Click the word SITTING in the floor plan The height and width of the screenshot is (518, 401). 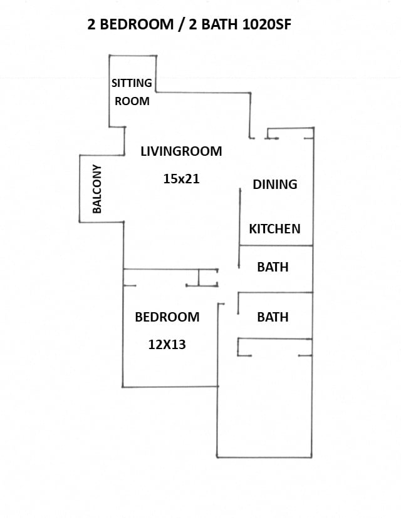pyautogui.click(x=132, y=83)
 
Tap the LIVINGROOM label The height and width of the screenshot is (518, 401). pyautogui.click(x=181, y=151)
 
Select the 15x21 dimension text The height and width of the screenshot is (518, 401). pyautogui.click(x=181, y=179)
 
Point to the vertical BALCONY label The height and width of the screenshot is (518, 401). pyautogui.click(x=97, y=189)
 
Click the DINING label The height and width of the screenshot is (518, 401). pyautogui.click(x=274, y=185)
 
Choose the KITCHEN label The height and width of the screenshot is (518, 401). pyautogui.click(x=274, y=229)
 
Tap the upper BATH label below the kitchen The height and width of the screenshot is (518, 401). pyautogui.click(x=273, y=267)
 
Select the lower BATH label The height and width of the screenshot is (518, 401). pyautogui.click(x=273, y=317)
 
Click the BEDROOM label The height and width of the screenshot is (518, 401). pyautogui.click(x=167, y=317)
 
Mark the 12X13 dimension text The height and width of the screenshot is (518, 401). pyautogui.click(x=167, y=344)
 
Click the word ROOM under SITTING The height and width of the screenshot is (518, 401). pyautogui.click(x=132, y=101)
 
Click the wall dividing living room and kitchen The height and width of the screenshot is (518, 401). pyautogui.click(x=240, y=216)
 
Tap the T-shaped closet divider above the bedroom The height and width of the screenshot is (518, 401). pyautogui.click(x=199, y=277)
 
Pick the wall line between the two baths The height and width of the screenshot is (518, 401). pyautogui.click(x=276, y=293)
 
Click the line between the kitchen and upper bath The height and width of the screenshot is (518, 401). pyautogui.click(x=276, y=246)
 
